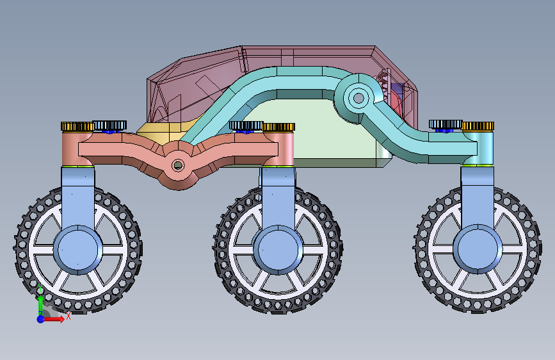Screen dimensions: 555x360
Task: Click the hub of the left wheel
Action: pyautogui.click(x=77, y=249)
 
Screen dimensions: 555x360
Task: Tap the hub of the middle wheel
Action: pyautogui.click(x=278, y=249)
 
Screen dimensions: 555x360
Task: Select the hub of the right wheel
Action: pyautogui.click(x=478, y=249)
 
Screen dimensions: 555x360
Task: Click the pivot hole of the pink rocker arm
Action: pyautogui.click(x=178, y=165)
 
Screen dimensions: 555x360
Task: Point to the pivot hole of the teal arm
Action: pyautogui.click(x=358, y=98)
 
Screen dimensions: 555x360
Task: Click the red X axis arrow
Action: pyautogui.click(x=54, y=319)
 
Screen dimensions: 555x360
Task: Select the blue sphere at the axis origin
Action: pyautogui.click(x=41, y=319)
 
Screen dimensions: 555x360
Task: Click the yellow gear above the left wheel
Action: pyautogui.click(x=77, y=126)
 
